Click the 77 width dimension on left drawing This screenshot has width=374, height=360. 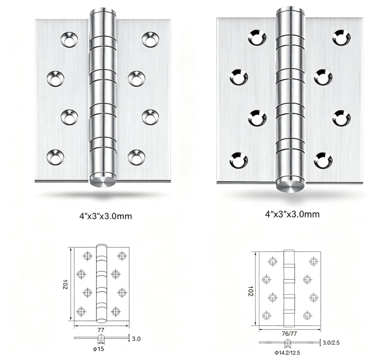(x=101, y=330)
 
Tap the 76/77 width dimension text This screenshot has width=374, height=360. (x=289, y=334)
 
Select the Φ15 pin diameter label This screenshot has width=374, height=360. (x=99, y=349)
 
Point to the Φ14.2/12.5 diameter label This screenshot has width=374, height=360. (x=287, y=353)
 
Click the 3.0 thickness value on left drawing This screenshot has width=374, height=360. (x=136, y=339)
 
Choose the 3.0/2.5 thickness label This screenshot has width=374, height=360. (x=331, y=343)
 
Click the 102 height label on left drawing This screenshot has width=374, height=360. (x=65, y=284)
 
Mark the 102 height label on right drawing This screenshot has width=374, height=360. (x=250, y=291)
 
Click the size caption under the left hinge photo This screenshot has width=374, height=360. (x=106, y=216)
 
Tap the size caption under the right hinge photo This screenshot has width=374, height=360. (x=292, y=214)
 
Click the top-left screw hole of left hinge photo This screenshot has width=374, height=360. (x=69, y=39)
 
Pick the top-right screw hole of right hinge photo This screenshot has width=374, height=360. (x=341, y=38)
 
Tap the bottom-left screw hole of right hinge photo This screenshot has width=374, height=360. (x=238, y=160)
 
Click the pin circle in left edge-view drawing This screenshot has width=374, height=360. (x=101, y=338)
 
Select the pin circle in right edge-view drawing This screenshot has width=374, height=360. (x=287, y=342)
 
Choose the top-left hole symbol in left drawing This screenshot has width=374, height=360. (x=88, y=256)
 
